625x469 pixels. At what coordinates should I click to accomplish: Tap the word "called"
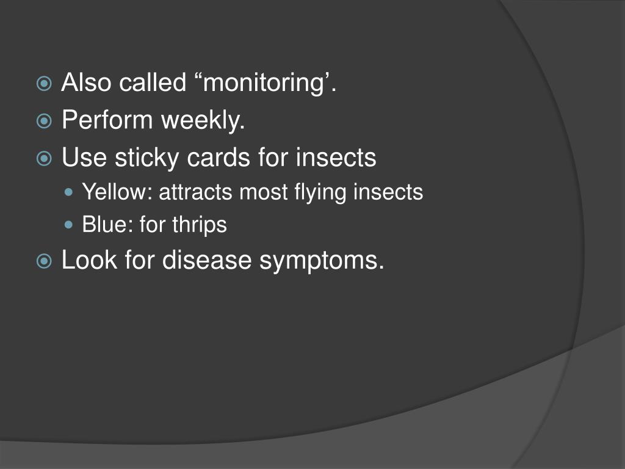[152, 82]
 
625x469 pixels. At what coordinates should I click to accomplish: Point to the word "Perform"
[107, 120]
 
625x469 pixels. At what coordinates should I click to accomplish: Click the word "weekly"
[201, 122]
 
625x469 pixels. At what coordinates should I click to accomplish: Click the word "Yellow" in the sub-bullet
[117, 192]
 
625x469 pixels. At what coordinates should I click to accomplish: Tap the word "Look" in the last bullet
[89, 261]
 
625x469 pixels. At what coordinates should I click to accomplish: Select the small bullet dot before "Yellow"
[69, 193]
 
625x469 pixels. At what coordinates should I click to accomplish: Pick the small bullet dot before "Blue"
[69, 225]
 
